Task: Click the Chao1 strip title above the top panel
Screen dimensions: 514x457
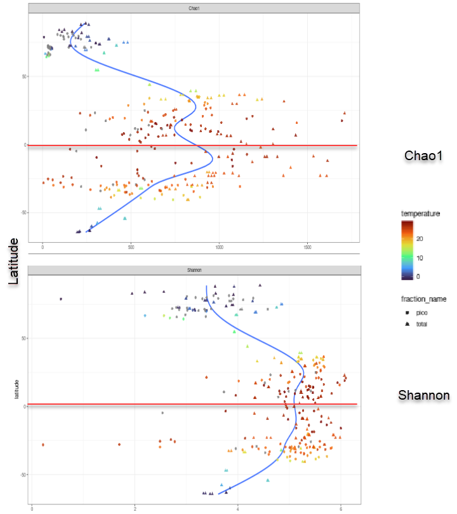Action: click(194, 8)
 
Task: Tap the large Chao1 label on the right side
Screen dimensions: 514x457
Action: click(423, 157)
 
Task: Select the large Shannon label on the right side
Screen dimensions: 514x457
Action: click(423, 397)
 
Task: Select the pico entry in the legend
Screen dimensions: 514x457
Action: click(421, 313)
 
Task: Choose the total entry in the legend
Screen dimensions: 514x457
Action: click(421, 324)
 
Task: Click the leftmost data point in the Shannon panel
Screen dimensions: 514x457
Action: click(43, 445)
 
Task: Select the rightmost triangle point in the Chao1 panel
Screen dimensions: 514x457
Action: click(345, 113)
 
